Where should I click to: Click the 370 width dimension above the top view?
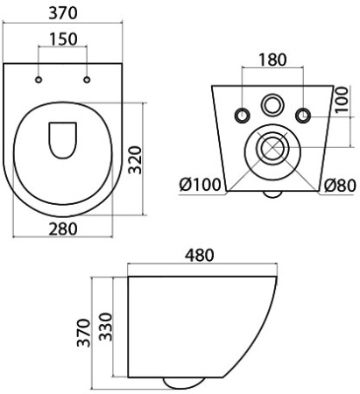click(x=64, y=13)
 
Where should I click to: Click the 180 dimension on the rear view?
click(x=272, y=62)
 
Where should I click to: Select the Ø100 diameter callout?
click(x=199, y=186)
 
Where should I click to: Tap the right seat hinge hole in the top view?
click(x=88, y=81)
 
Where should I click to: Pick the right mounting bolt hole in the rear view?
click(x=303, y=116)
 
